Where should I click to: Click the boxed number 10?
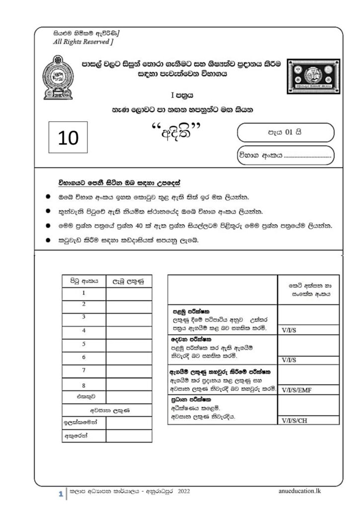click(x=68, y=137)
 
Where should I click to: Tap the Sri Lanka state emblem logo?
click(x=58, y=79)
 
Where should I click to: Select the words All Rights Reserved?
click(x=83, y=42)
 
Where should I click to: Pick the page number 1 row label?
click(x=83, y=293)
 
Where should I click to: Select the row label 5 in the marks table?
click(x=83, y=344)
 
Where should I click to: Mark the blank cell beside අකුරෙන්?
click(x=129, y=436)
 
